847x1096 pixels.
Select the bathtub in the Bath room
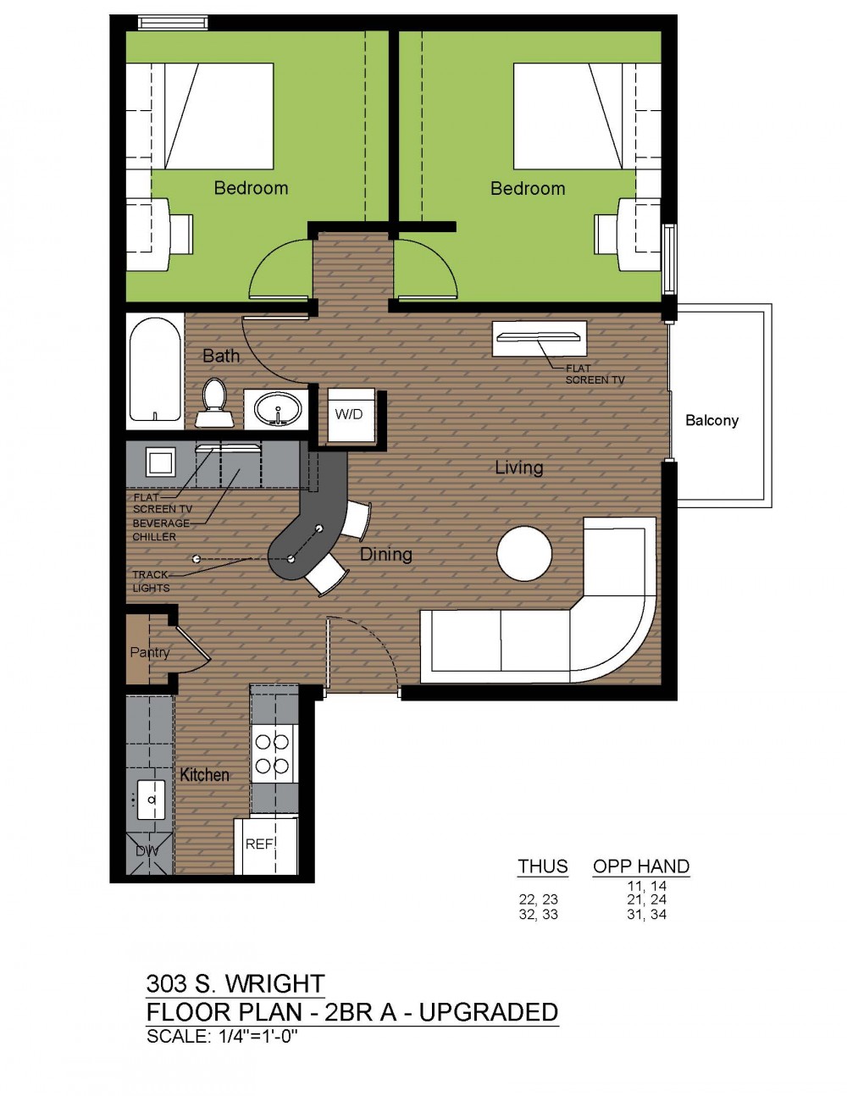[155, 370]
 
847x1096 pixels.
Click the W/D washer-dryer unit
[351, 414]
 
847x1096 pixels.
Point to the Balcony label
[711, 420]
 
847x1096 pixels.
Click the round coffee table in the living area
[524, 553]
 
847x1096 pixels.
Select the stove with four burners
[272, 754]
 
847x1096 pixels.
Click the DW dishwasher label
[147, 851]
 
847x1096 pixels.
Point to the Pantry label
[149, 652]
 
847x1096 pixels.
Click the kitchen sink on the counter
[151, 800]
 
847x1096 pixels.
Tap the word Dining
[385, 555]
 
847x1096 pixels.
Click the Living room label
[518, 468]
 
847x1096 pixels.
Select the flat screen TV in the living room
[537, 337]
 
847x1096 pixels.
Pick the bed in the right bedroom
[587, 116]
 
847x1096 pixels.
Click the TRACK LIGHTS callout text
[151, 581]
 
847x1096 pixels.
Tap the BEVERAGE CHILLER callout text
[161, 529]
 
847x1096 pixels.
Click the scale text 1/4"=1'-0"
[258, 1037]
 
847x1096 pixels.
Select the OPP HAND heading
[641, 866]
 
